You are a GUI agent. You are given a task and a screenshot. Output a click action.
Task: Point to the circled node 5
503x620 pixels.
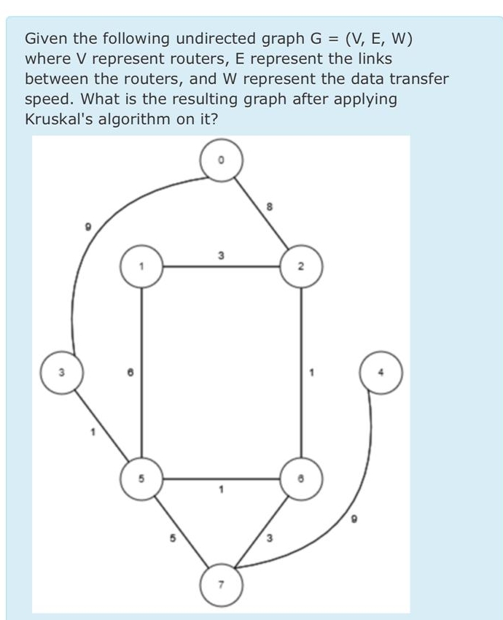(x=141, y=479)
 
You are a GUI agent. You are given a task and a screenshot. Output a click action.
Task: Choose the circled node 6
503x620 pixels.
(x=299, y=479)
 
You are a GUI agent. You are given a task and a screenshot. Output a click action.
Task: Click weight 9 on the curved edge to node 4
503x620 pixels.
(x=356, y=519)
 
